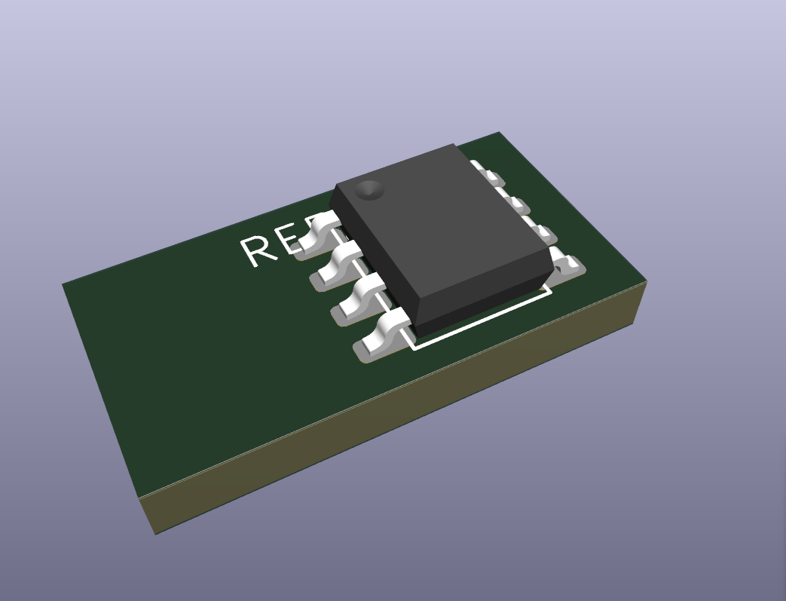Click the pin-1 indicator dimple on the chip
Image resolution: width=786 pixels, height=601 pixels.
pyautogui.click(x=369, y=190)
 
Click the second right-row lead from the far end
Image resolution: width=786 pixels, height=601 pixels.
pyautogui.click(x=517, y=203)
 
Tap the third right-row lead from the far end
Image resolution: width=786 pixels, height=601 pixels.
pyautogui.click(x=541, y=230)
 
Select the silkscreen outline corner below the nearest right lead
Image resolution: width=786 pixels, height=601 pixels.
pyautogui.click(x=551, y=287)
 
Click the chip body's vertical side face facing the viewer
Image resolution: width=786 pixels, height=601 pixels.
pyautogui.click(x=482, y=302)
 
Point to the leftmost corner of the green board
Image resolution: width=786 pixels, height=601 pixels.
pyautogui.click(x=63, y=284)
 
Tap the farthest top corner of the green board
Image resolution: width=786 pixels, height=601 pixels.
pyautogui.click(x=499, y=133)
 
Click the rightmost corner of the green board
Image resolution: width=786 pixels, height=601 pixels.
pyautogui.click(x=646, y=284)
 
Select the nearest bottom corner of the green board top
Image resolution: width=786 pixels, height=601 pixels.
pyautogui.click(x=141, y=498)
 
